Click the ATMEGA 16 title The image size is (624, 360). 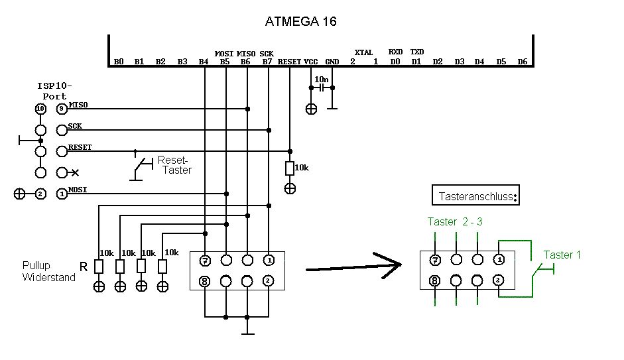[x=301, y=21]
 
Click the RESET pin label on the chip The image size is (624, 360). [x=290, y=62]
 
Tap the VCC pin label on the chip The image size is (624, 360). [x=311, y=62]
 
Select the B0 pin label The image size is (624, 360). [x=119, y=62]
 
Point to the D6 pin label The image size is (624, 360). [x=523, y=62]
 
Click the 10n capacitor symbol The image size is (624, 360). [x=322, y=88]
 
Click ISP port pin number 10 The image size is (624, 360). [x=40, y=109]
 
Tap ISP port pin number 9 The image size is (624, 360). [x=62, y=109]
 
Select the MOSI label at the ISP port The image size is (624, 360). [x=78, y=190]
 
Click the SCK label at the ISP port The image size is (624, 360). [x=75, y=126]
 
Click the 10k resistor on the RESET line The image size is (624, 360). [x=290, y=168]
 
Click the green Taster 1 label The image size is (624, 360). [x=562, y=255]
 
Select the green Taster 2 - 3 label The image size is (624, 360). [x=454, y=221]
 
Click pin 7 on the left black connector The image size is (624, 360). [x=206, y=260]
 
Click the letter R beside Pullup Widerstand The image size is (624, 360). [x=84, y=267]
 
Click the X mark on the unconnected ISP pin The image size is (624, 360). [x=76, y=173]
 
